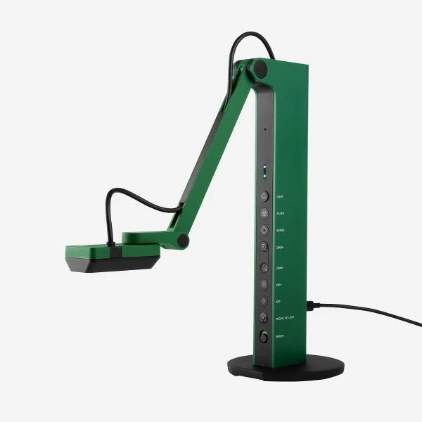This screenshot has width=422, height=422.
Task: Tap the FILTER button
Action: pos(264,213)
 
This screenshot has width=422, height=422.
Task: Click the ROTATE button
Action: pos(264,230)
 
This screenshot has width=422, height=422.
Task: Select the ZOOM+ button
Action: pos(264,247)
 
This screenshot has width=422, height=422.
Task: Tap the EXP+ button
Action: pos(264,284)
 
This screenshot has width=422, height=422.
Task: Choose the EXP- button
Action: pos(264,301)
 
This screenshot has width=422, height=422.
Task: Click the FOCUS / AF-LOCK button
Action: pos(264,317)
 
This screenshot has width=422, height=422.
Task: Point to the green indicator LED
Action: pos(264,177)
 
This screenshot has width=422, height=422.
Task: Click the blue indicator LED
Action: pos(264,168)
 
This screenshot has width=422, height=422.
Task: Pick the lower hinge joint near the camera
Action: pos(183,241)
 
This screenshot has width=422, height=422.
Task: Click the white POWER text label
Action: pos(279,336)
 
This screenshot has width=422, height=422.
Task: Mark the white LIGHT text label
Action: pos(280,197)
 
